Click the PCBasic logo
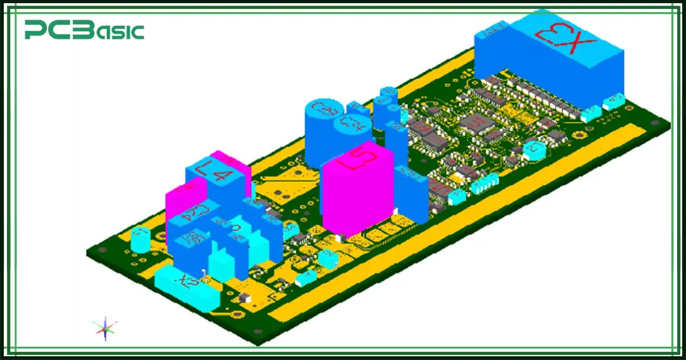click(x=84, y=30)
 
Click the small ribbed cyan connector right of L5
click(x=487, y=184)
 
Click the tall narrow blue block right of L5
click(x=410, y=194)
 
